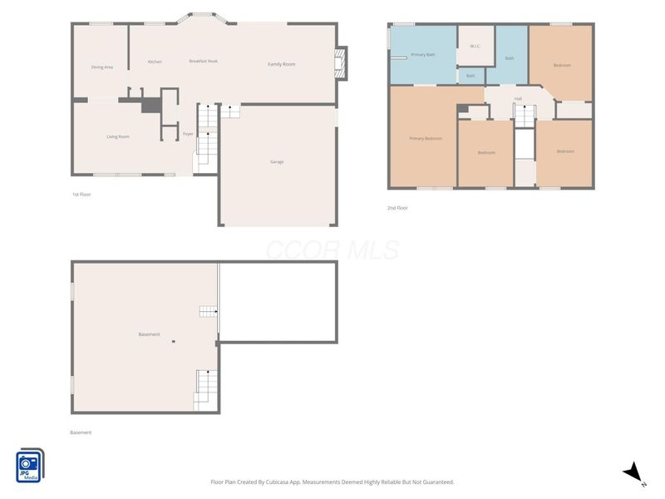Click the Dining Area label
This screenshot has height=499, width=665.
pyautogui.click(x=102, y=67)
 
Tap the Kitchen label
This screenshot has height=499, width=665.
pyautogui.click(x=155, y=62)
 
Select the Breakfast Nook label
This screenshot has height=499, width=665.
pyautogui.click(x=203, y=61)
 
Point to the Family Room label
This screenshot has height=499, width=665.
pyautogui.click(x=281, y=64)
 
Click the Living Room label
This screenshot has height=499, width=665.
pyautogui.click(x=117, y=136)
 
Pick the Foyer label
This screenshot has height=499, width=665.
pyautogui.click(x=188, y=133)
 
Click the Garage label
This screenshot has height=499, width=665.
pyautogui.click(x=277, y=161)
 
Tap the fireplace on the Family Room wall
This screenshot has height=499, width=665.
pyautogui.click(x=339, y=63)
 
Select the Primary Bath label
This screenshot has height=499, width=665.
pyautogui.click(x=423, y=54)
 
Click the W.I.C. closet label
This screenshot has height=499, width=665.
pyautogui.click(x=475, y=46)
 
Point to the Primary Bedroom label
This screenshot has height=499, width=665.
pyautogui.click(x=425, y=138)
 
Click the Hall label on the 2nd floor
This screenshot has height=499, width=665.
pyautogui.click(x=518, y=98)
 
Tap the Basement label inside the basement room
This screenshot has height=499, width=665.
pyautogui.click(x=149, y=334)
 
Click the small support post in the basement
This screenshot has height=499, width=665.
pyautogui.click(x=173, y=341)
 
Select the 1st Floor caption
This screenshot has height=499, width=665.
pyautogui.click(x=81, y=194)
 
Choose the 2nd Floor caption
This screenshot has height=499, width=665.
pyautogui.click(x=397, y=208)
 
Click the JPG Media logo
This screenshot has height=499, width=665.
pyautogui.click(x=30, y=465)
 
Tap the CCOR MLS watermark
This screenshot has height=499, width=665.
pyautogui.click(x=332, y=249)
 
